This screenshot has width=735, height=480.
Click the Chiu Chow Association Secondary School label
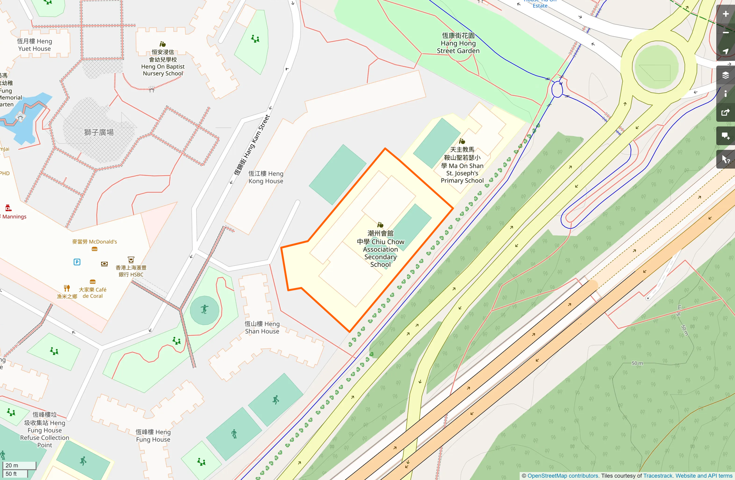pos(380,249)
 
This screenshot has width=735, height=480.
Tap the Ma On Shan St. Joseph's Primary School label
pos(462,165)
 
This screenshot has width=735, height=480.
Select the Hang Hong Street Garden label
pos(458,43)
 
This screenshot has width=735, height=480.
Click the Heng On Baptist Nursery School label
pos(163,62)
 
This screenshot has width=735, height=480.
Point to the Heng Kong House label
pos(266,177)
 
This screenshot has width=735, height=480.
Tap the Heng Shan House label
pos(262,327)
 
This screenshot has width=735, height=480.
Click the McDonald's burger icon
pos(94,249)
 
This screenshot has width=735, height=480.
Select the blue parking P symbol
pos(77,262)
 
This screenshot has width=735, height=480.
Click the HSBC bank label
pos(131,271)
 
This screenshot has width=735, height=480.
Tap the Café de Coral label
pos(92,293)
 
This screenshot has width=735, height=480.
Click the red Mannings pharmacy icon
pos(8,208)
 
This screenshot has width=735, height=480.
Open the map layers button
pos(726,75)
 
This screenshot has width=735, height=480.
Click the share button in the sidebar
pos(726,113)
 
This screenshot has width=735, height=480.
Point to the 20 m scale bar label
pos(12,465)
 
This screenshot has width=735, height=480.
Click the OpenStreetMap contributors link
pos(563,476)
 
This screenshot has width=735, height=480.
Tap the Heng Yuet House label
pos(34,45)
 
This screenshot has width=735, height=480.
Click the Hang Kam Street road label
pos(252,145)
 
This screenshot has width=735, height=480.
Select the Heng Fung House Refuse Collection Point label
pos(45,430)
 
